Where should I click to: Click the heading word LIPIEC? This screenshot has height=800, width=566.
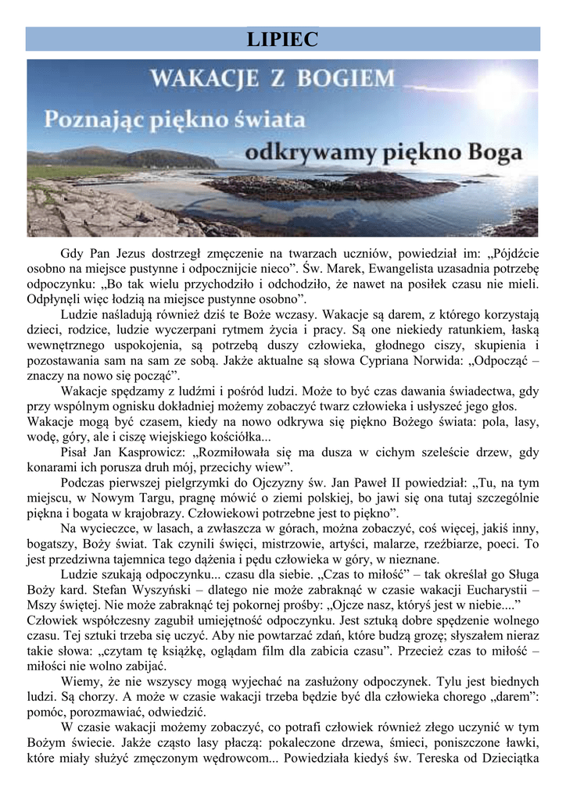point(282,39)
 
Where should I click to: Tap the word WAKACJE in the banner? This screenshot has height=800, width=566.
point(211,78)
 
